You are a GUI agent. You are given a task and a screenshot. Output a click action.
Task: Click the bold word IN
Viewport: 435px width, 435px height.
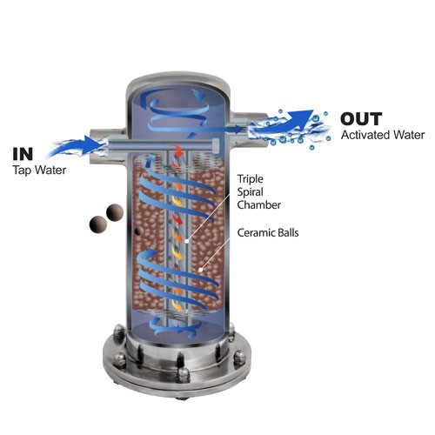coord(23,154)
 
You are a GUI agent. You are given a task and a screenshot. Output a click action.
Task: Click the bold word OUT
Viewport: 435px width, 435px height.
coord(361,119)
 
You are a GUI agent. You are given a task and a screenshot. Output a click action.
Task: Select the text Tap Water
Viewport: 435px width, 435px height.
coord(39,171)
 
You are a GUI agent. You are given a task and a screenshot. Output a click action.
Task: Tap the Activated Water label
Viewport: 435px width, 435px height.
coord(383,135)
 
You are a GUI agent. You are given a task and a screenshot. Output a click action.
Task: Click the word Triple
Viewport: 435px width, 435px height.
coord(251,179)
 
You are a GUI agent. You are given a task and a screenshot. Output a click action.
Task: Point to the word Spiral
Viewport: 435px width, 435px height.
coord(251,192)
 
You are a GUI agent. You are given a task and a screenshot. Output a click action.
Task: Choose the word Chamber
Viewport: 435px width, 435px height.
coord(259,205)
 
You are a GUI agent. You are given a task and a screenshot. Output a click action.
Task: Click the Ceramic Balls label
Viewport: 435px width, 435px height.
coord(268,232)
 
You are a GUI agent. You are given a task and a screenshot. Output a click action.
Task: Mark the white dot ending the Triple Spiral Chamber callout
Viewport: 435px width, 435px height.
coord(187,241)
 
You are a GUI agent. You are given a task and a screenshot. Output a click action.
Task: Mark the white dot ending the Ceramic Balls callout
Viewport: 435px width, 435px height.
coord(200,270)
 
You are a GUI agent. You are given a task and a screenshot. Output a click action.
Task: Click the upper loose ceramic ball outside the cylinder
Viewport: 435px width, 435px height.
coord(115,212)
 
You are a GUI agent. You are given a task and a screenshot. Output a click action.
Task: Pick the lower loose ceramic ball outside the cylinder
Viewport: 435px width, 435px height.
coord(98,224)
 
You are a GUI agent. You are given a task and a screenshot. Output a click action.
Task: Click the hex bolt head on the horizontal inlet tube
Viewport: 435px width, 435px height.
coord(216,144)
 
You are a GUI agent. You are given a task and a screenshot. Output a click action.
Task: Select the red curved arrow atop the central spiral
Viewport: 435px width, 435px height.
coord(177,151)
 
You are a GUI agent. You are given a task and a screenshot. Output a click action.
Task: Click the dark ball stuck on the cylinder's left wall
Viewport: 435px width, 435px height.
coord(139,231)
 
